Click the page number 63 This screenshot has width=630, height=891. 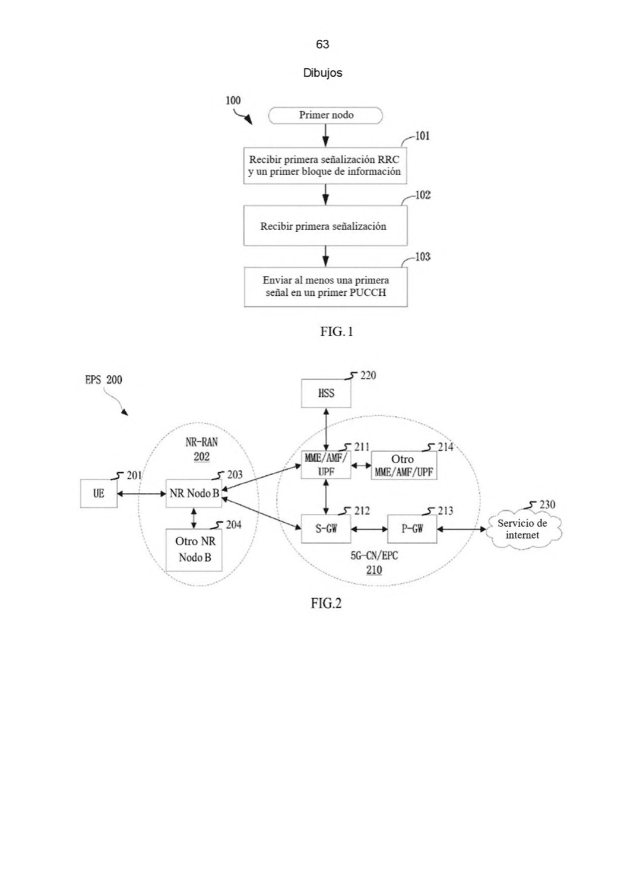click(x=322, y=44)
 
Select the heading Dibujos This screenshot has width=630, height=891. click(x=322, y=73)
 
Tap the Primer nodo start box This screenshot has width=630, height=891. click(x=325, y=115)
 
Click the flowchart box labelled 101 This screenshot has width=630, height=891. click(x=325, y=166)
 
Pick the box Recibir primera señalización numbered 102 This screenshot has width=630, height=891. click(x=325, y=226)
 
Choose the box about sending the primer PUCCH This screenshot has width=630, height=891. click(x=326, y=287)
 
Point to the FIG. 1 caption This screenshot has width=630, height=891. click(x=337, y=331)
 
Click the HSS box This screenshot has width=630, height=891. click(x=326, y=393)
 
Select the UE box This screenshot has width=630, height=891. click(x=99, y=494)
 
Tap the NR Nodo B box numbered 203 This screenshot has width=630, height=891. click(x=194, y=494)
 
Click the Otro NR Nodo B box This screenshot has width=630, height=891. click(x=194, y=550)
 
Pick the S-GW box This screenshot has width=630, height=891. click(x=326, y=529)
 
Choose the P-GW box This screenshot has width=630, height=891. click(x=412, y=529)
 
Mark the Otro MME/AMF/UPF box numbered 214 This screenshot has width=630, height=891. click(x=404, y=465)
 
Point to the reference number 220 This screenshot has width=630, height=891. click(x=368, y=375)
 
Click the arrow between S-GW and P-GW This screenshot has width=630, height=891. click(x=369, y=529)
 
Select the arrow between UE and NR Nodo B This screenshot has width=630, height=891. click(x=141, y=494)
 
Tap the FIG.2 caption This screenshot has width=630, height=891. click(x=326, y=604)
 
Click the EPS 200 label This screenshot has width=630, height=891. click(x=103, y=380)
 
